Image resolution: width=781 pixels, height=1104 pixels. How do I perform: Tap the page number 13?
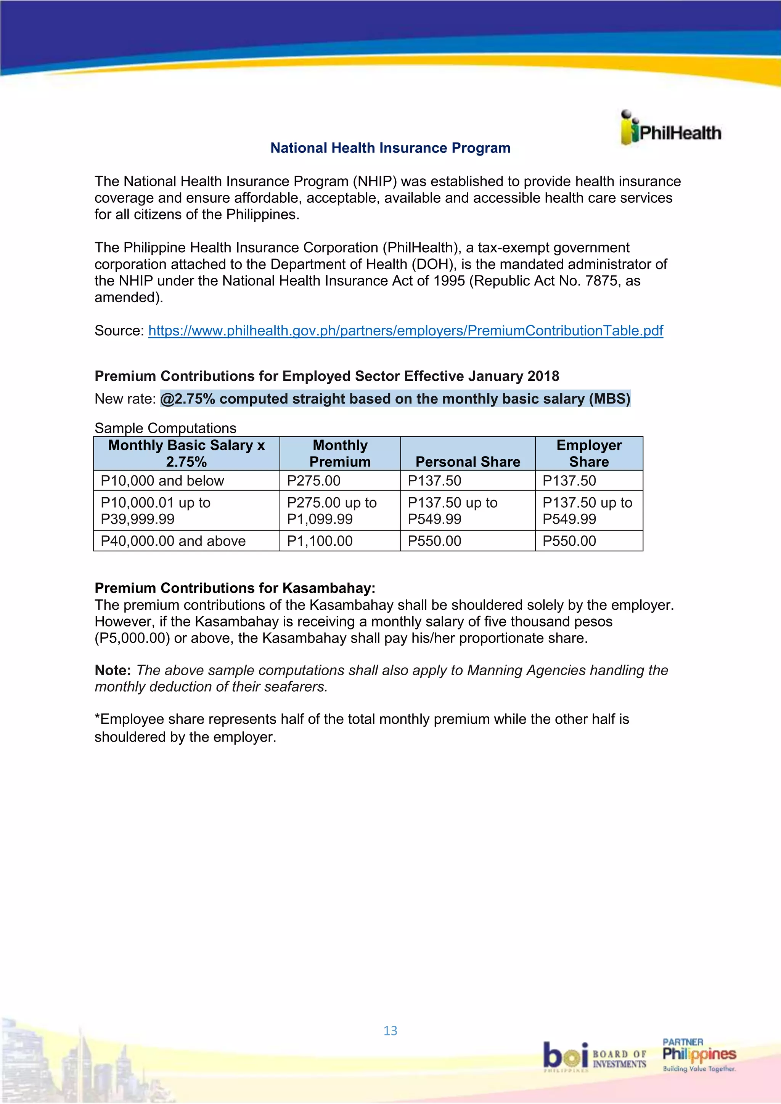point(390,1030)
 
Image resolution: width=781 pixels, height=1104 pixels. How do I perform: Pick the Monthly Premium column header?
point(340,453)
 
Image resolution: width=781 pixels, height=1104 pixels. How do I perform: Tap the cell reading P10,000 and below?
point(162,481)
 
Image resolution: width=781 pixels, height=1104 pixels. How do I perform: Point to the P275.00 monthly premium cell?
point(313,481)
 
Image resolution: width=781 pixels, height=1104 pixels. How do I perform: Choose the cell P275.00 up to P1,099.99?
point(331,511)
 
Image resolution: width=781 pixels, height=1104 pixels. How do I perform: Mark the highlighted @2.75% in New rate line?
point(188,399)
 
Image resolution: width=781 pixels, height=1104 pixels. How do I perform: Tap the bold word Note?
point(112,670)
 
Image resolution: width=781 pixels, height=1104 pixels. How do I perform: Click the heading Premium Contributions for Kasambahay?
point(235,588)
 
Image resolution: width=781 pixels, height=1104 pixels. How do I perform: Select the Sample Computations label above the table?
point(165,428)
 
